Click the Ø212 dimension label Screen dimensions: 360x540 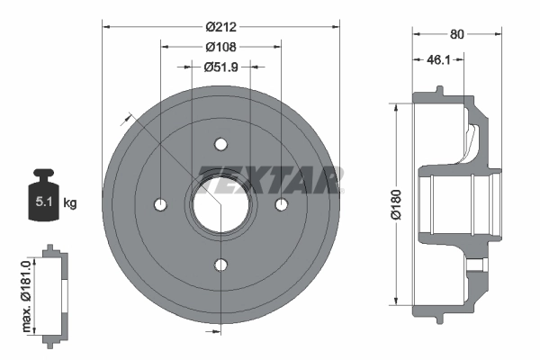coord(220,26)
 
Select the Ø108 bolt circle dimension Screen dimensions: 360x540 coord(220,46)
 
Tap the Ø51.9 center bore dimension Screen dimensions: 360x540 coord(220,66)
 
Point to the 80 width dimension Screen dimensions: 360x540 coord(456,35)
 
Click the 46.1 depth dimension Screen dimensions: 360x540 coord(438,61)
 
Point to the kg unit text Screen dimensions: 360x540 coord(71,203)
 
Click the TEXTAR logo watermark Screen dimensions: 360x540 coord(270,180)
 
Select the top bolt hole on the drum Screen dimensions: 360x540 coord(220,144)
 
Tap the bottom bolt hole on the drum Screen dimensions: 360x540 coord(220,264)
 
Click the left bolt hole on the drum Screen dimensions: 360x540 coord(161,204)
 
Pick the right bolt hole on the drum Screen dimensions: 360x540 coord(281,204)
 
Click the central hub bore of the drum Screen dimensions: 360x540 coord(220,204)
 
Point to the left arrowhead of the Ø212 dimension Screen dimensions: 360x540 coord(104,26)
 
